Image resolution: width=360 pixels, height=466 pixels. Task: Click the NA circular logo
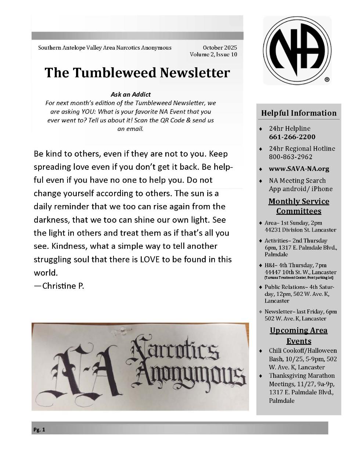[297, 50]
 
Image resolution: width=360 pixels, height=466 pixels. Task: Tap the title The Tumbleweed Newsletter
[137, 72]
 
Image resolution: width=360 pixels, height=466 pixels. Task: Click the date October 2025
[220, 47]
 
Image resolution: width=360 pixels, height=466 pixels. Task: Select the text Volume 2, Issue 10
[213, 54]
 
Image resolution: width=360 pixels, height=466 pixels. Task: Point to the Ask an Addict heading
[130, 94]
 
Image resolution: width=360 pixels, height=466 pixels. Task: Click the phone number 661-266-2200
[292, 137]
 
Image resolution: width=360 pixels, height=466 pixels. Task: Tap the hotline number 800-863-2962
[291, 157]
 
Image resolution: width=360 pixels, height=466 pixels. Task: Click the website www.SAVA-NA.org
[299, 169]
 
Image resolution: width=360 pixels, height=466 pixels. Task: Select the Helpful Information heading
[299, 113]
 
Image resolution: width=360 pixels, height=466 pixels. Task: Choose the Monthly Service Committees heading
[299, 206]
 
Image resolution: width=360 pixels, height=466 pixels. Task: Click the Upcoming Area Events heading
[299, 336]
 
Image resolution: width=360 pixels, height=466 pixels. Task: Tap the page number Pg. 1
[39, 430]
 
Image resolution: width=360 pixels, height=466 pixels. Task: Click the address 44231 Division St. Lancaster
[300, 230]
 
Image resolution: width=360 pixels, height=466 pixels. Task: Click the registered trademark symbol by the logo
[327, 79]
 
